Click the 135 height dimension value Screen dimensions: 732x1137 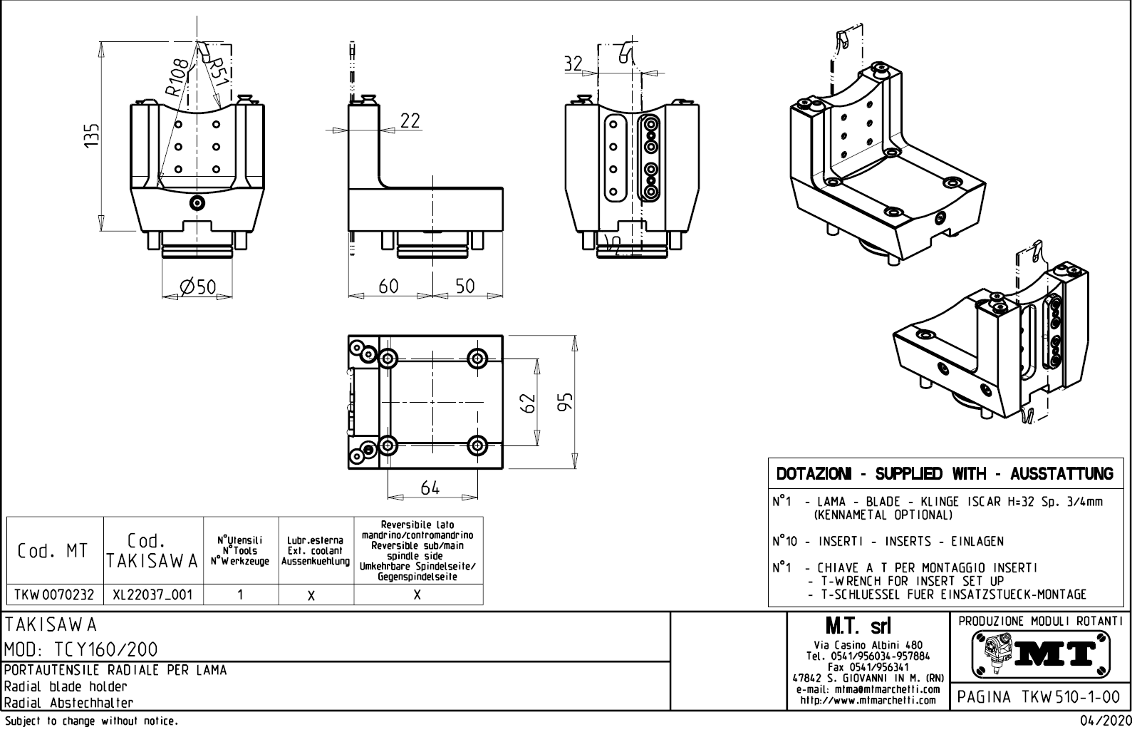click(91, 135)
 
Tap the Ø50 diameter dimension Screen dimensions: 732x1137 click(197, 287)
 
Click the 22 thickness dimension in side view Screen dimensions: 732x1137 click(410, 121)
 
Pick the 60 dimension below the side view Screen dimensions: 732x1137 click(388, 286)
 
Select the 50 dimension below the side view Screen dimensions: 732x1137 click(464, 286)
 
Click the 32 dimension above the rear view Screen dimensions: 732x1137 click(573, 63)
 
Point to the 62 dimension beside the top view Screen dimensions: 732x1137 click(528, 404)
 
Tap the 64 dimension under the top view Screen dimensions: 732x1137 click(430, 488)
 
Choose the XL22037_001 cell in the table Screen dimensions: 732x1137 click(153, 594)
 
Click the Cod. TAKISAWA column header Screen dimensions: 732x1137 click(153, 551)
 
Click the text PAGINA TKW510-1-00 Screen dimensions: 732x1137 click(1039, 696)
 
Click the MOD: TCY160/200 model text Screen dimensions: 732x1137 click(82, 649)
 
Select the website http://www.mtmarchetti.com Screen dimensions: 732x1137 click(868, 700)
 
